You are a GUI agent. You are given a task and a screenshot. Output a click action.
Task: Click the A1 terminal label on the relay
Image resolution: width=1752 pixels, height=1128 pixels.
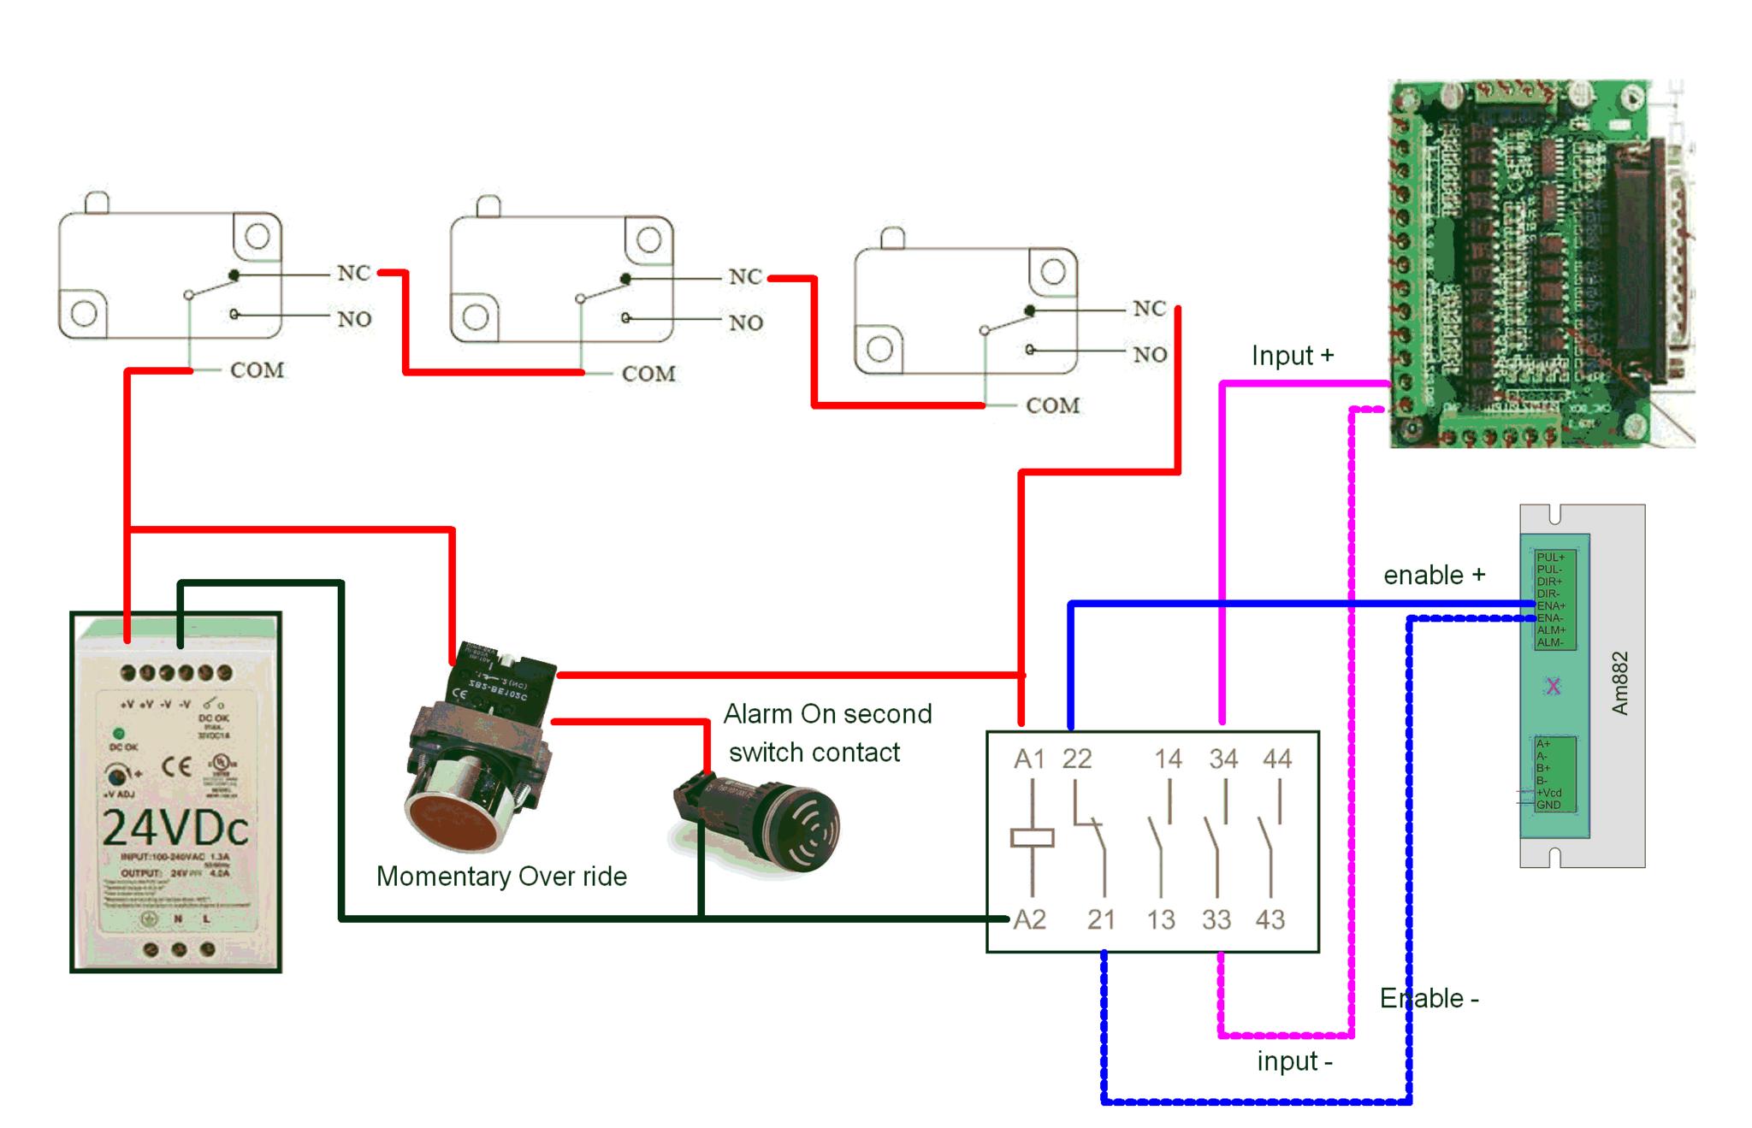1029,759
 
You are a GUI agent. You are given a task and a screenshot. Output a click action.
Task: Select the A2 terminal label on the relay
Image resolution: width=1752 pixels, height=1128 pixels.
1029,919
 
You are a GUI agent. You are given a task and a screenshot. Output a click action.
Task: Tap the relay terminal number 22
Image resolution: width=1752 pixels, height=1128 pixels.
1077,759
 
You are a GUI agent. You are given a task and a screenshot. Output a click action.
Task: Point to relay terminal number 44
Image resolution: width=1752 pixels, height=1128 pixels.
1277,759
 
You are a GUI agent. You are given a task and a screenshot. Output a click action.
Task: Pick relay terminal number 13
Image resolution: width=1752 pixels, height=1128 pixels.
1160,920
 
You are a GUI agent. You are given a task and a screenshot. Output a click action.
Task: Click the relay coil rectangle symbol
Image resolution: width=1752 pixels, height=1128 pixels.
1032,838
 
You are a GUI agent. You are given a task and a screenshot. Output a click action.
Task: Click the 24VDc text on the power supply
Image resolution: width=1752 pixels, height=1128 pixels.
175,827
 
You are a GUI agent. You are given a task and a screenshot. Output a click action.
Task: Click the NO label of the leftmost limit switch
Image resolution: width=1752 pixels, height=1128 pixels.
354,320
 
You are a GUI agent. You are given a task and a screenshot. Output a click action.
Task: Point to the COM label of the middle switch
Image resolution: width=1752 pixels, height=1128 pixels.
648,374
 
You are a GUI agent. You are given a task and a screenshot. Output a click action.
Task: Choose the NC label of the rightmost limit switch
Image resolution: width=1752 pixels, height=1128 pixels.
1149,309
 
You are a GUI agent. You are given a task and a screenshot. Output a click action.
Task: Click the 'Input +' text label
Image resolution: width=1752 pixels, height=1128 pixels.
1292,356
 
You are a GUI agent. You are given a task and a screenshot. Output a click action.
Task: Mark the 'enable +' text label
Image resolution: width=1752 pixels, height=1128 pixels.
1434,576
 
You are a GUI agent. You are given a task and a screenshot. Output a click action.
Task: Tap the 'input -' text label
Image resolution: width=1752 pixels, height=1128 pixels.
1294,1061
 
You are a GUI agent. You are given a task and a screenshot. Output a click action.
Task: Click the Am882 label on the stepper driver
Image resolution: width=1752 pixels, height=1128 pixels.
1619,683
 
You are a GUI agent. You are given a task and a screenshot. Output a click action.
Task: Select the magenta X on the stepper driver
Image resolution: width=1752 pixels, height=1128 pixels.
1554,686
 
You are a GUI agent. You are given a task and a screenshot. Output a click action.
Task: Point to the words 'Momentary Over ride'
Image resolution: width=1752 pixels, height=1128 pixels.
501,877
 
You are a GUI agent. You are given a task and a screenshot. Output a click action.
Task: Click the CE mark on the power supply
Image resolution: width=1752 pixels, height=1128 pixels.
176,765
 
